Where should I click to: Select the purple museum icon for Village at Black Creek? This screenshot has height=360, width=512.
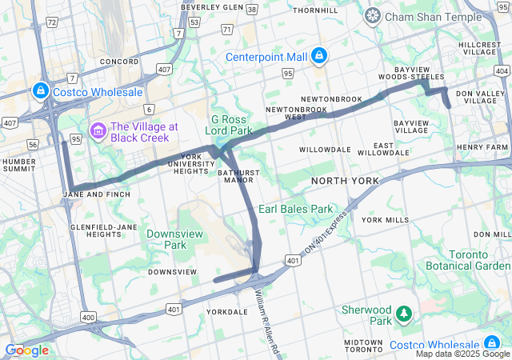pos(98,130)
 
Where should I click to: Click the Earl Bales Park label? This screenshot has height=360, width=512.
pos(295,209)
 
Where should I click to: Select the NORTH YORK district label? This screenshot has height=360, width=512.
pos(345,182)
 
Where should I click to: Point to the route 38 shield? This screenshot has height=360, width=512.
pos(252,10)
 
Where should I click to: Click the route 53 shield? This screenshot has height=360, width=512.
pos(194,22)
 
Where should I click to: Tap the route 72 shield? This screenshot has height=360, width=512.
pos(51,22)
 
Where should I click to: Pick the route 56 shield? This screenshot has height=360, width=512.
pos(32,144)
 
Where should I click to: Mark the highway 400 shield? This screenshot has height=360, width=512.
pos(87,318)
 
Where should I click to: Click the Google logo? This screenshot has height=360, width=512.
pos(26,350)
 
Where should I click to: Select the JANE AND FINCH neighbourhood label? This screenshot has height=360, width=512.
pos(95,194)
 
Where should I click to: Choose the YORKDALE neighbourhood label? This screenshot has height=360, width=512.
pos(221,312)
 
